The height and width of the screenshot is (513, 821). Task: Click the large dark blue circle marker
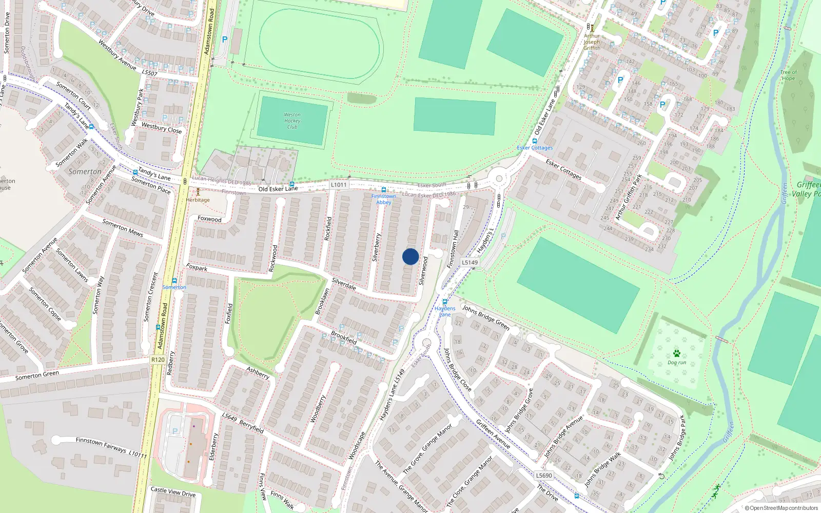[x=411, y=256]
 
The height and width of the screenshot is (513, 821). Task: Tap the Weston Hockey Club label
[x=292, y=121]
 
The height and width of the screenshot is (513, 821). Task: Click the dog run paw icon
[x=677, y=353]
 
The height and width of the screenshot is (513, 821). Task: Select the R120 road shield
[x=158, y=360]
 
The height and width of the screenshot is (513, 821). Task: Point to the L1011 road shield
[x=339, y=185]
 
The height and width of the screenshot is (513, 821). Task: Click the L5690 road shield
[x=544, y=476]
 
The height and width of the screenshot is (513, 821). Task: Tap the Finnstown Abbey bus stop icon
[x=384, y=190]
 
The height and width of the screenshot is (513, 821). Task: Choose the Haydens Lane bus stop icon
[x=445, y=302]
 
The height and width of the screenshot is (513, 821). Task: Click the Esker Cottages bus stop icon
[x=535, y=141]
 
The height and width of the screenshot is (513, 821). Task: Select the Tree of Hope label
[x=788, y=75]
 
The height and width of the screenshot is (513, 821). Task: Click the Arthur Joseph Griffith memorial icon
[x=592, y=28]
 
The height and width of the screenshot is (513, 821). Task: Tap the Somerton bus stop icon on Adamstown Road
[x=174, y=281]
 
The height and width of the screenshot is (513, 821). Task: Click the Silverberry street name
[x=376, y=247]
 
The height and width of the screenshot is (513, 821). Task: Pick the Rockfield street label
[x=328, y=229]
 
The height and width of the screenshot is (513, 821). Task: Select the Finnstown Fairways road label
[x=102, y=444]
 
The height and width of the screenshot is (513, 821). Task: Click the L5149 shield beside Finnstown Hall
[x=470, y=262]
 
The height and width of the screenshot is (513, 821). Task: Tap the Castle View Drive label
[x=173, y=491]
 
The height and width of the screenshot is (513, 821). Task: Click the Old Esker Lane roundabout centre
[x=498, y=179]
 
